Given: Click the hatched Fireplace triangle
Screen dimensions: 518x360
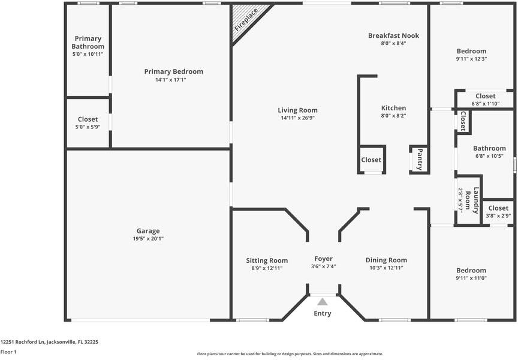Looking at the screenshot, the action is coord(246,20).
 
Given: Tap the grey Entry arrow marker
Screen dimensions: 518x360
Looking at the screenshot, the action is coord(323,301).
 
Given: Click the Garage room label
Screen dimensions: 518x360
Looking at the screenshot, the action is coord(148,231).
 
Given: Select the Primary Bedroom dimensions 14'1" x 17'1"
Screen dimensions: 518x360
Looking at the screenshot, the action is coord(171,80).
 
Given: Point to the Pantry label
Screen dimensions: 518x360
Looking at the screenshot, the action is coord(420,160).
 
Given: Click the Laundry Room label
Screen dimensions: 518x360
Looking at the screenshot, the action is coord(472,200).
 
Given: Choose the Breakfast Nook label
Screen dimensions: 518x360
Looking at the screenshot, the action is coord(393,35).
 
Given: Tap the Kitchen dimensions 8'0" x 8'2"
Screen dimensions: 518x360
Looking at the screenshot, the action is coord(393,116).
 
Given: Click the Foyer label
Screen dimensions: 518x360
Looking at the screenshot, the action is coord(323,259).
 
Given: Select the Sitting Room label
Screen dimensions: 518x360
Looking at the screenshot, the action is coord(267,260).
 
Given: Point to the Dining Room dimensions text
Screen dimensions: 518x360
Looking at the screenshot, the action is coord(386,268).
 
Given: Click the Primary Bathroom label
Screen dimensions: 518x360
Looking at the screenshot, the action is coord(88,43).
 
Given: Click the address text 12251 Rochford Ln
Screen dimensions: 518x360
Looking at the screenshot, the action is coord(22,342).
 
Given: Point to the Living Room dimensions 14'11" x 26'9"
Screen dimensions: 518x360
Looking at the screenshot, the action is coord(297,118).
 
